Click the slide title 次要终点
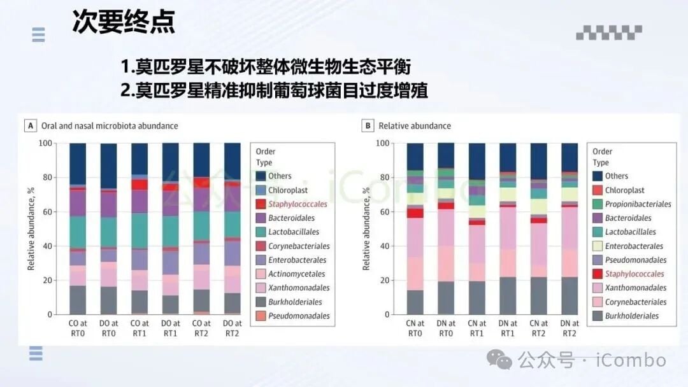(123, 22)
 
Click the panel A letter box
(30, 126)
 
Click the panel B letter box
(368, 126)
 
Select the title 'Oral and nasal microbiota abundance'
(110, 126)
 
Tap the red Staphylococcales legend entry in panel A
(297, 204)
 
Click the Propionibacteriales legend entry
(638, 204)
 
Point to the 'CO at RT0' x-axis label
(78, 328)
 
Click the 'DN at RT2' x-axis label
(570, 328)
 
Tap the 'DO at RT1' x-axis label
(171, 328)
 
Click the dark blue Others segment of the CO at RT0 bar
(78, 163)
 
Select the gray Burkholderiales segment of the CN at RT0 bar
(415, 302)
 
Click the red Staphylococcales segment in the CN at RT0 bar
(415, 213)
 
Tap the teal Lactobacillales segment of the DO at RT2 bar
(233, 224)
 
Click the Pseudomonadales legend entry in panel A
(299, 316)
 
